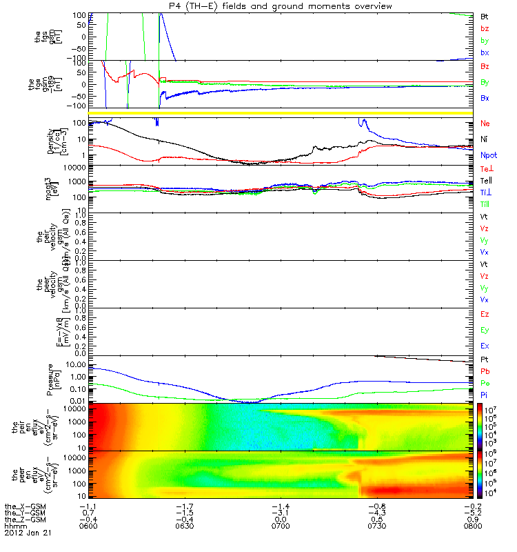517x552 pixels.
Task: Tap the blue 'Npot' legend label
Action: click(488, 156)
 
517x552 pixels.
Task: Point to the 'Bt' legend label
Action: click(485, 15)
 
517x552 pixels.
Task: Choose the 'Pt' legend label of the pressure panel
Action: click(485, 360)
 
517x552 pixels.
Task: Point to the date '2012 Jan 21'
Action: click(28, 533)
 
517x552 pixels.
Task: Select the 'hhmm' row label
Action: click(14, 526)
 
